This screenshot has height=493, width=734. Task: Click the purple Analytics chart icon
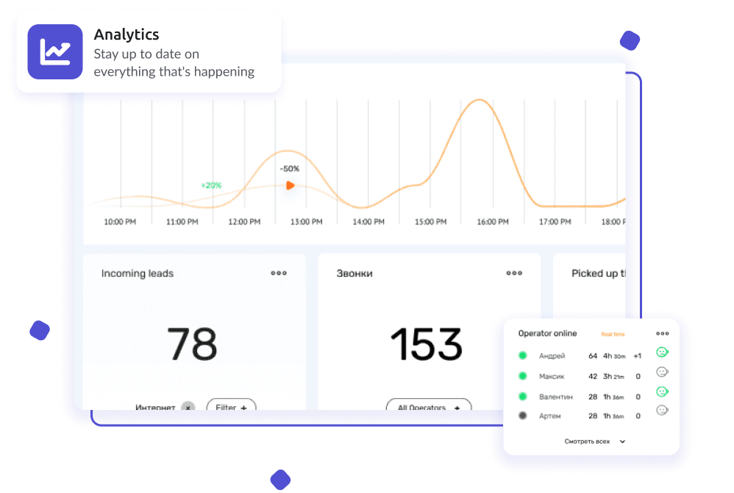[x=55, y=51]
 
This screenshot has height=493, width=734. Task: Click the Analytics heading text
[x=127, y=35]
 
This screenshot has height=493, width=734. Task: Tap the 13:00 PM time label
[x=306, y=221]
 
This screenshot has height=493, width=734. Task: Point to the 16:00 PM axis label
[x=493, y=221]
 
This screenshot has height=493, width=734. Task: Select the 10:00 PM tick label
[x=120, y=221]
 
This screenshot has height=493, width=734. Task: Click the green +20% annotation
[x=211, y=185]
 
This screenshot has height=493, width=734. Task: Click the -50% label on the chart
[x=290, y=168]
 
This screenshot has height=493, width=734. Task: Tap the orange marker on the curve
[x=290, y=186]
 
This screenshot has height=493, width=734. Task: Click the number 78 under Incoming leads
[x=192, y=344]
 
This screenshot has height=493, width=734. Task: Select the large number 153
[x=426, y=344]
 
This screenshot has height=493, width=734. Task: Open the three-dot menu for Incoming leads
[x=279, y=273]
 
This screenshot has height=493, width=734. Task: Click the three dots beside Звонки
[x=514, y=273]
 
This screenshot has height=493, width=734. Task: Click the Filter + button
[x=231, y=406]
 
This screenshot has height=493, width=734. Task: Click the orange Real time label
[x=613, y=334]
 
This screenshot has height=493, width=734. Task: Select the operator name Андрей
[x=552, y=356]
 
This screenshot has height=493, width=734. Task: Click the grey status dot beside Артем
[x=523, y=416]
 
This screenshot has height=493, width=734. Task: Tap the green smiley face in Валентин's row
[x=662, y=392]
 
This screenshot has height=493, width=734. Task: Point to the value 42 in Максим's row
[x=593, y=376]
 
